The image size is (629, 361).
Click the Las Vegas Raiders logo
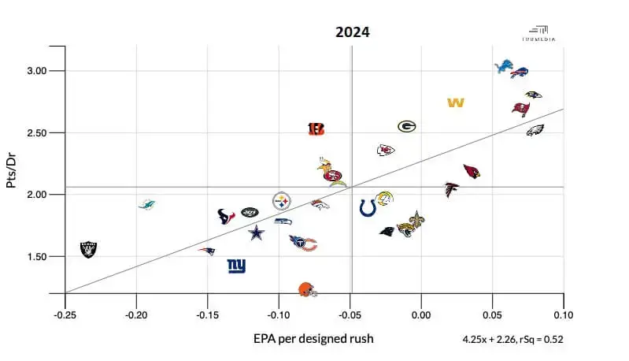tap(88, 249)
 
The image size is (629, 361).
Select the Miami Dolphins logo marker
tap(146, 205)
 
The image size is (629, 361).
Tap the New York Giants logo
tap(236, 266)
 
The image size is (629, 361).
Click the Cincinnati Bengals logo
tap(316, 128)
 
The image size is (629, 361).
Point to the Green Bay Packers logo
tap(406, 126)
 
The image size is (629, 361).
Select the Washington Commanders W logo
tap(455, 102)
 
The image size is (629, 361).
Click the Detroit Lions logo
tap(504, 67)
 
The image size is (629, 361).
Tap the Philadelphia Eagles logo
tap(535, 129)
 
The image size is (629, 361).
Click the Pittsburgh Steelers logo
tap(282, 201)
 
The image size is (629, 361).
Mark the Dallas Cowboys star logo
tap(257, 233)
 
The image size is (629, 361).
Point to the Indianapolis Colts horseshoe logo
tap(368, 207)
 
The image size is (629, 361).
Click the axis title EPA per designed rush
tap(313, 339)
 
